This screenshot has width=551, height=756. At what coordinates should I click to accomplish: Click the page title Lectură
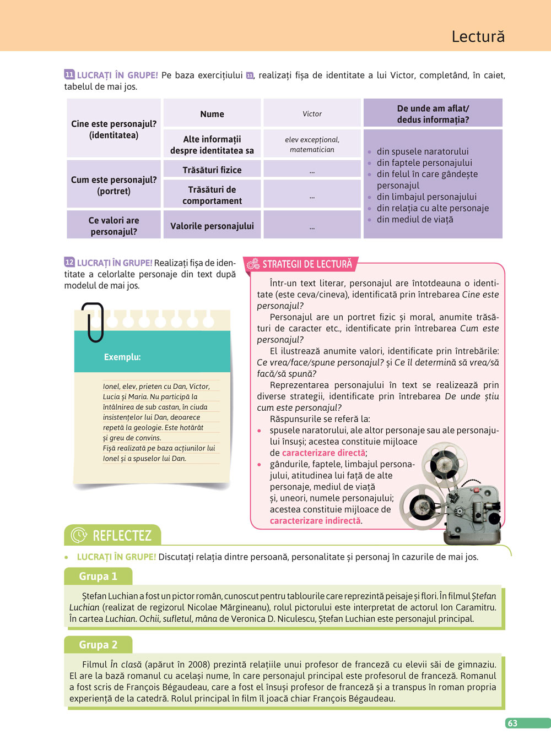(x=478, y=36)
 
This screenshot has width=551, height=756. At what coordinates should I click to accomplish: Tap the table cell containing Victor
(x=312, y=113)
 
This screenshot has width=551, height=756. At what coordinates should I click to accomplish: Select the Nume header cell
(x=212, y=114)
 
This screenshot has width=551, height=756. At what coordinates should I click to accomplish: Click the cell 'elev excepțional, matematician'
(x=312, y=144)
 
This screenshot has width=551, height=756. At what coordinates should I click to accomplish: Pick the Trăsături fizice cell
(x=212, y=170)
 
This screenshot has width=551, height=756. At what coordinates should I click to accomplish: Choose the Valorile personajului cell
(x=212, y=226)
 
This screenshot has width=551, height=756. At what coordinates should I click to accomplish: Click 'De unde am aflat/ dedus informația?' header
(x=433, y=114)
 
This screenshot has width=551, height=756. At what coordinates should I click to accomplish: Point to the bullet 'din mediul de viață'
(x=414, y=219)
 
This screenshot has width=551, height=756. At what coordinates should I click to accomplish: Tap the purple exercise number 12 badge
(x=69, y=263)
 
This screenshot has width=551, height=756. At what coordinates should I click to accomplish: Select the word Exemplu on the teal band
(x=122, y=357)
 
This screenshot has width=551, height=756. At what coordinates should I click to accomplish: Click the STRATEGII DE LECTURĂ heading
(x=307, y=264)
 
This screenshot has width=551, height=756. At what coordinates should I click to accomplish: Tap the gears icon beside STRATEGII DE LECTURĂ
(x=253, y=265)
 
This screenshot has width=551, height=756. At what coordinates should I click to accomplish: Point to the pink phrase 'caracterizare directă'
(x=323, y=453)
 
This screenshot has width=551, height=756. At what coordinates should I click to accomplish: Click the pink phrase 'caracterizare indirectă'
(x=315, y=520)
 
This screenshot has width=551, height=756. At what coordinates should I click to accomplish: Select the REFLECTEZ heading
(x=122, y=536)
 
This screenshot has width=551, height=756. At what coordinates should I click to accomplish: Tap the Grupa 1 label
(x=98, y=576)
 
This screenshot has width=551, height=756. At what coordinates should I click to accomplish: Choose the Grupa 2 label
(x=98, y=645)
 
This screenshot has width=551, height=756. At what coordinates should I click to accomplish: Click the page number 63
(x=512, y=723)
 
